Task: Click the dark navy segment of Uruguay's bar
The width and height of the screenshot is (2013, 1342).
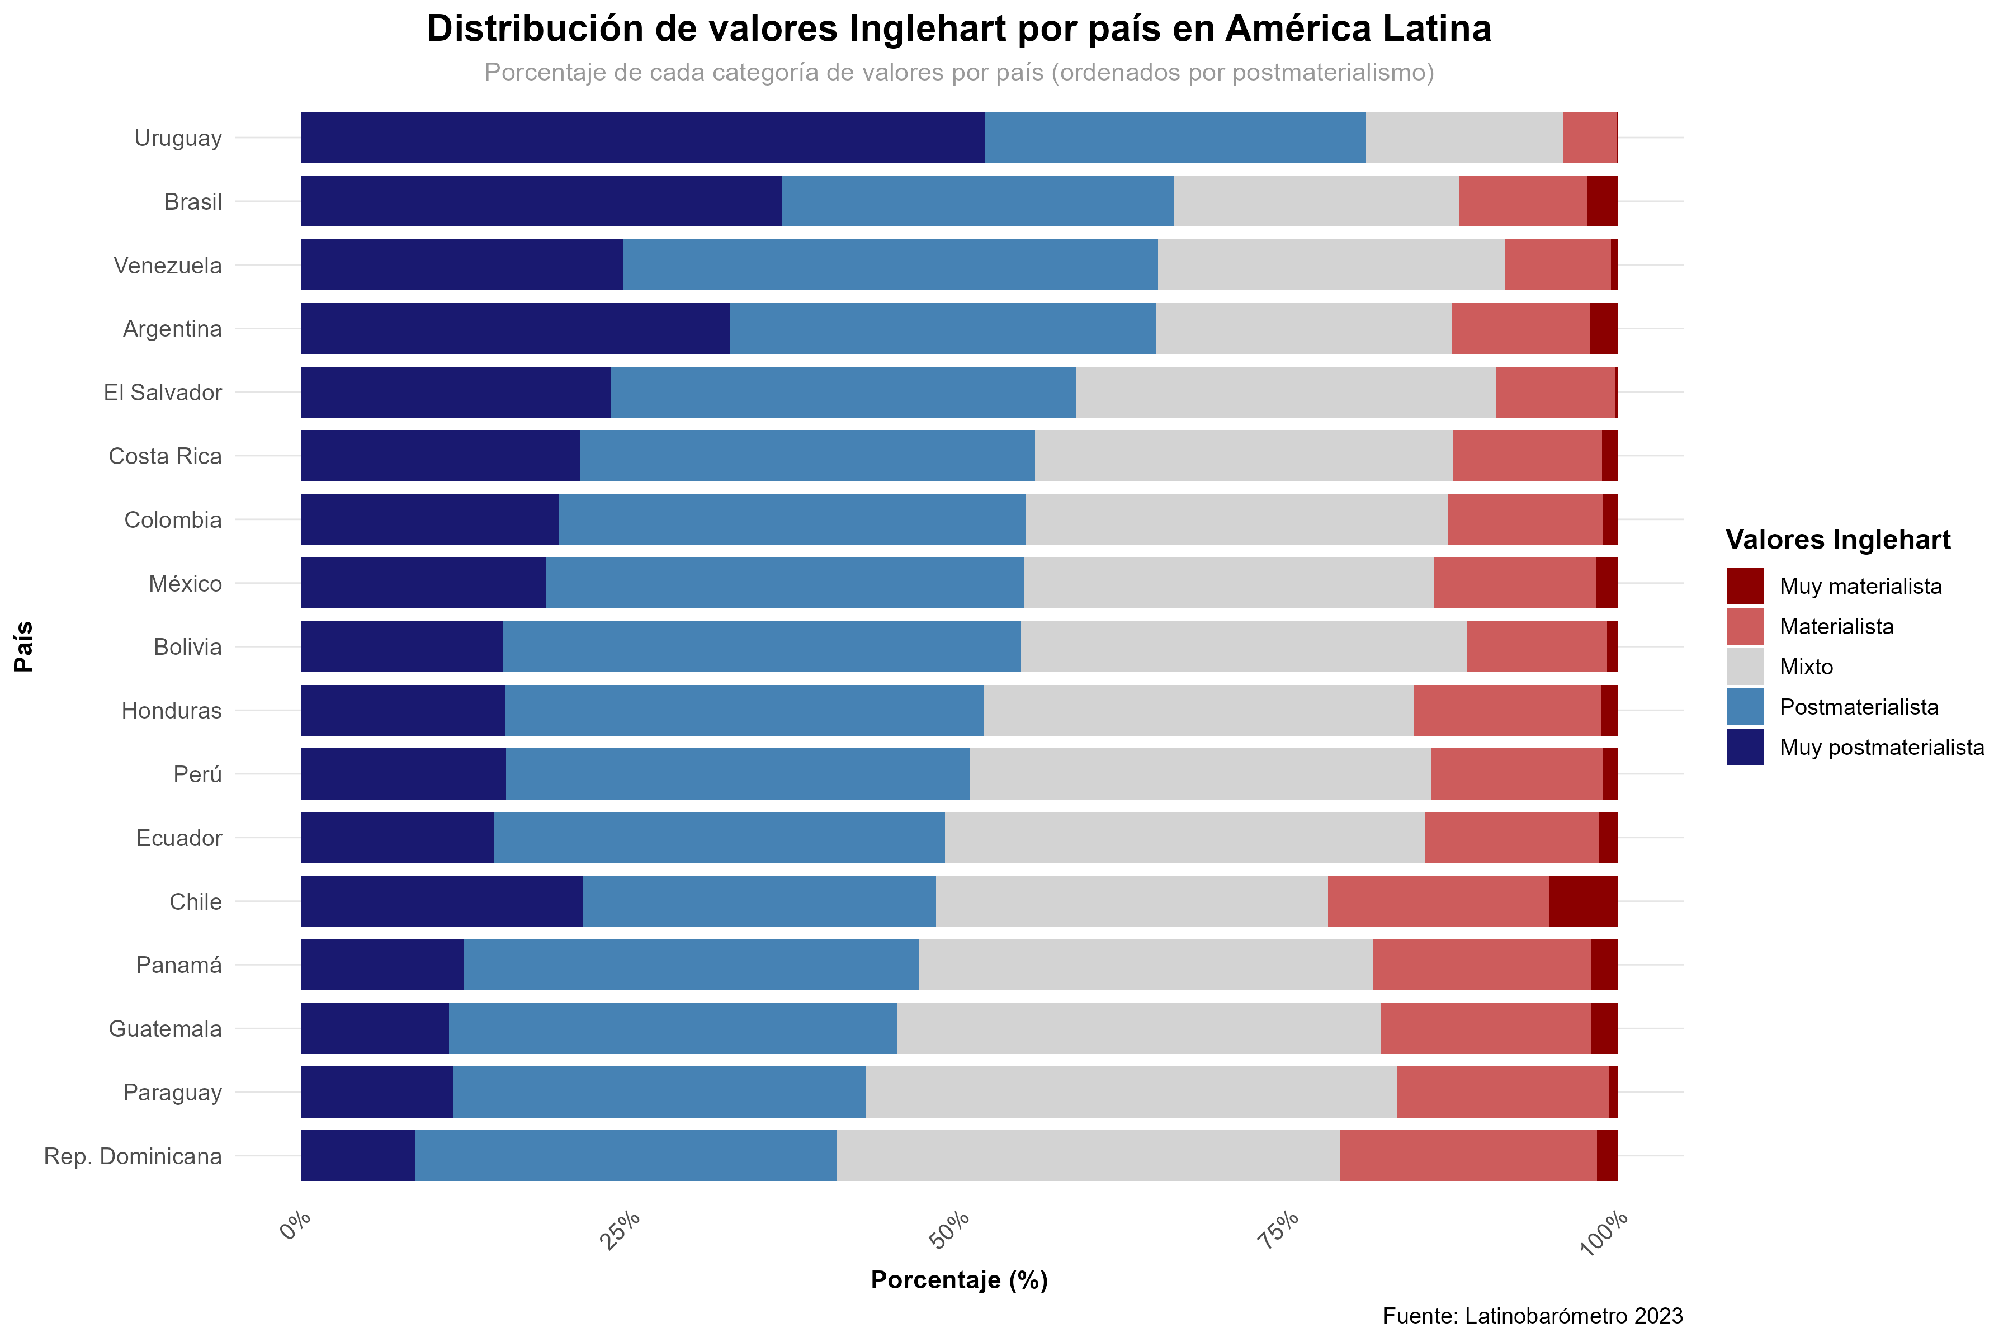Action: click(642, 137)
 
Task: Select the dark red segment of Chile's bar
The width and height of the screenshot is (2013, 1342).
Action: click(1582, 901)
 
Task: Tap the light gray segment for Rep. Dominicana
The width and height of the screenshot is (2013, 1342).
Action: click(1087, 1155)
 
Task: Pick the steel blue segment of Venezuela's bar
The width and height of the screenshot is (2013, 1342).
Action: click(890, 264)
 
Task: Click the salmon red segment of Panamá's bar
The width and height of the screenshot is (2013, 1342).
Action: click(1481, 965)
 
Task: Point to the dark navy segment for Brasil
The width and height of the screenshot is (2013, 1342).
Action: click(541, 201)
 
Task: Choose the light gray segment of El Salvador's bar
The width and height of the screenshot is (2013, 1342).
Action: click(1286, 392)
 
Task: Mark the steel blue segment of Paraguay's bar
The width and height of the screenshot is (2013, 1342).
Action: click(659, 1092)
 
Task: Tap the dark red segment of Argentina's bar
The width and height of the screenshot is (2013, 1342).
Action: click(1603, 329)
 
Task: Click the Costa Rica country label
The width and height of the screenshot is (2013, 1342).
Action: click(165, 456)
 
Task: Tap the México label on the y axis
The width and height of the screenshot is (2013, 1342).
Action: click(185, 584)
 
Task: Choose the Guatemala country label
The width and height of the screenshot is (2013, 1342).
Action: click(165, 1029)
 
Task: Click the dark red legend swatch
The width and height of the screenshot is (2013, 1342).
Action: click(1745, 585)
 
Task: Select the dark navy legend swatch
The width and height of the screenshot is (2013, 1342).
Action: click(1745, 746)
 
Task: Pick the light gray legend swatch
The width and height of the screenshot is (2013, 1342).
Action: click(1745, 666)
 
